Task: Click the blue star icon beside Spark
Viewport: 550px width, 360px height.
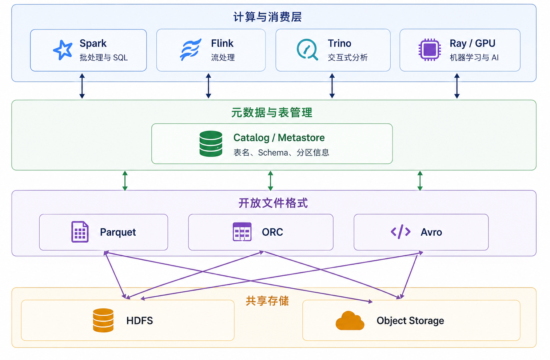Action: [63, 50]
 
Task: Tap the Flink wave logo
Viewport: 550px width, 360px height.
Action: [191, 49]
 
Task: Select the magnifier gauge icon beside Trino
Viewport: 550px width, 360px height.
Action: [307, 49]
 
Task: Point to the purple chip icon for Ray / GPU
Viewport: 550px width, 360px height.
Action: [430, 49]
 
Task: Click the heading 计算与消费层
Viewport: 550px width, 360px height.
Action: [267, 17]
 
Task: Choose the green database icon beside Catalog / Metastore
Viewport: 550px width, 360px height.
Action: [211, 144]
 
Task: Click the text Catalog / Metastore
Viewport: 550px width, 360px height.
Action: [279, 138]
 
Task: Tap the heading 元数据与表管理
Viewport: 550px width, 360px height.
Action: [272, 113]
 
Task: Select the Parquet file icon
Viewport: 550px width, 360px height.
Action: [80, 232]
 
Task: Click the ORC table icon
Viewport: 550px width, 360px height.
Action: [242, 232]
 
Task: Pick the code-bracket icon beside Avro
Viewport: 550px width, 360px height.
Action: [400, 232]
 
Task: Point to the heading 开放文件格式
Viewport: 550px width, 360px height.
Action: [273, 203]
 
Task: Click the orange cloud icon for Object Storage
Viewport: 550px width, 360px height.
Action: [350, 320]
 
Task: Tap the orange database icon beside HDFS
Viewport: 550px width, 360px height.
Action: [103, 320]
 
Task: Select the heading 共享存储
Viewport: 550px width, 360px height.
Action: [267, 301]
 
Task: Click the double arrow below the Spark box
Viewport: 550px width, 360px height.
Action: [82, 86]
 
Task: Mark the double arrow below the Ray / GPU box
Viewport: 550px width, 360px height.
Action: [457, 86]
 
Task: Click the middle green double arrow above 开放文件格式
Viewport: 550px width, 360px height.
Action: [271, 181]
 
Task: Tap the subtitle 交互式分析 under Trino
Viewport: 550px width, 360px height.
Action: [348, 58]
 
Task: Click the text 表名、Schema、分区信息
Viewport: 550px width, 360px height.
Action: [281, 153]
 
